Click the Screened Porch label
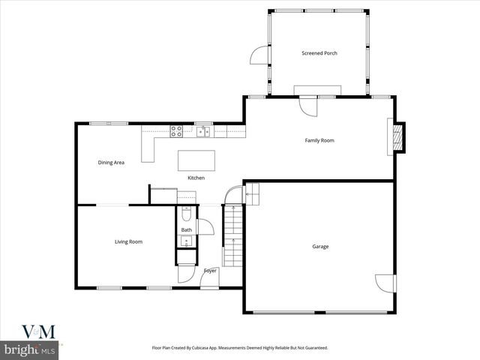(x=319, y=53)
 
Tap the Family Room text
(x=319, y=140)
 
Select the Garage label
(x=320, y=247)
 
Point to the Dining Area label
(x=111, y=163)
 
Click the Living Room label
(x=128, y=241)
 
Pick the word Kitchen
(x=196, y=178)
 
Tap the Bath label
(x=186, y=229)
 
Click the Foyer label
(x=210, y=271)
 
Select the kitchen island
(x=196, y=160)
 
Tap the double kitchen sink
(x=202, y=132)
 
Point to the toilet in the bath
(x=185, y=213)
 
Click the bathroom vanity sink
(x=186, y=241)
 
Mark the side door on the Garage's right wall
(x=385, y=283)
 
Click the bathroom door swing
(x=205, y=227)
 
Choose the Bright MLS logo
(x=31, y=349)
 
